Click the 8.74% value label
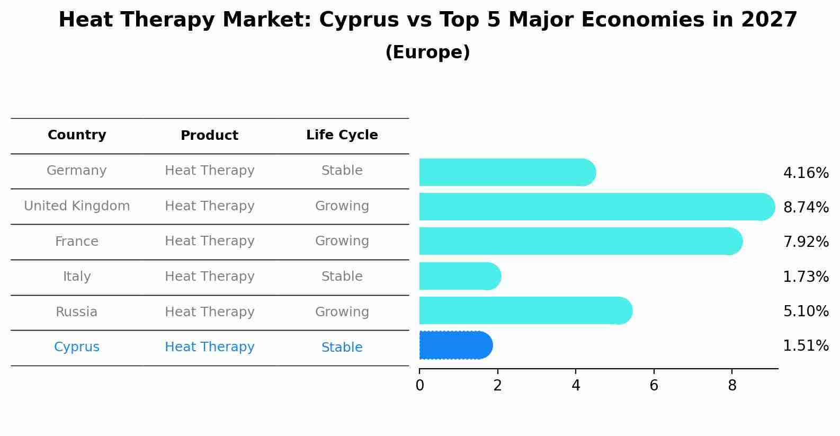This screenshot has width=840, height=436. (806, 207)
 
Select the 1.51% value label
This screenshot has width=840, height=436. (806, 346)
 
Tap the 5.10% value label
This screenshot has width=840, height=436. (806, 311)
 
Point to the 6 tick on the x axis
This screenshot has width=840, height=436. (654, 386)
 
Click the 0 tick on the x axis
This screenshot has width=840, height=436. (419, 386)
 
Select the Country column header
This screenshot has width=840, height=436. (77, 135)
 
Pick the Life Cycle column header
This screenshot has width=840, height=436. (342, 135)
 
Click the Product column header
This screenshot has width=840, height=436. (209, 136)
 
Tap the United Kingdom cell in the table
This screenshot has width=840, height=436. (77, 206)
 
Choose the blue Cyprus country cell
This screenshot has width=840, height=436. (77, 347)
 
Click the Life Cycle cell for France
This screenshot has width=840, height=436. (342, 241)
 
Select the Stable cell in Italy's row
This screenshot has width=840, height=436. (342, 277)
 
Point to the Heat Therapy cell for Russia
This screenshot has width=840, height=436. (209, 312)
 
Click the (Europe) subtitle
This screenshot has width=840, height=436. (427, 52)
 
